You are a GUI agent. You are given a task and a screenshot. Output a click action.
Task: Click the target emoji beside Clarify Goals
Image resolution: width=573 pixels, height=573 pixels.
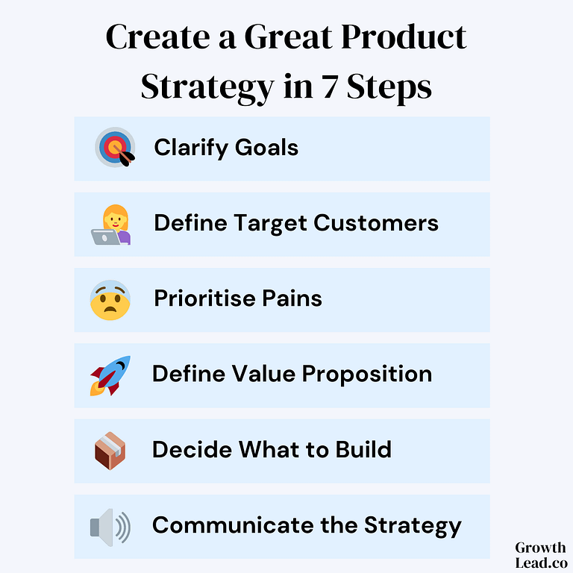point(115,147)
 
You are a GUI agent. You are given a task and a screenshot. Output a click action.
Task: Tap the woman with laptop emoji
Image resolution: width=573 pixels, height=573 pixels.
point(111,225)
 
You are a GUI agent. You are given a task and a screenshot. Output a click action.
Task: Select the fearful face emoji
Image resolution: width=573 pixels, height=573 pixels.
point(110,300)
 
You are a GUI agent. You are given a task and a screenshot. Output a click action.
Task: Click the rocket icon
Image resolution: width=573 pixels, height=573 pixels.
point(110,376)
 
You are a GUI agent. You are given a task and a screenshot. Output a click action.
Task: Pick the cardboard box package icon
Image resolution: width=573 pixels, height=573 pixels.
point(110,451)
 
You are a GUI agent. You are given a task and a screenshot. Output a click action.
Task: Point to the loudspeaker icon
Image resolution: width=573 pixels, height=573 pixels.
point(110,527)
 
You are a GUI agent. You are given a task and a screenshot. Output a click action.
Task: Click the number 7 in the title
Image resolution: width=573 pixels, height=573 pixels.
point(330,87)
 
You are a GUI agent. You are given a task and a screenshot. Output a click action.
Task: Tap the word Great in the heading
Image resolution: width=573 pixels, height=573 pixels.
point(288,37)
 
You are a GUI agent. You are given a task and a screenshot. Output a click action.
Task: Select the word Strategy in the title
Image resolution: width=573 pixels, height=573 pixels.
point(207,88)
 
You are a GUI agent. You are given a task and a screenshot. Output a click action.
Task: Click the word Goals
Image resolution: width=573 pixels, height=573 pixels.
point(267,148)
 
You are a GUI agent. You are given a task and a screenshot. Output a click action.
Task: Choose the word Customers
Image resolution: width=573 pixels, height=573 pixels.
point(376,223)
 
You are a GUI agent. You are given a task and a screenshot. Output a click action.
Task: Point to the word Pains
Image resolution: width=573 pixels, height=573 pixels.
point(292,298)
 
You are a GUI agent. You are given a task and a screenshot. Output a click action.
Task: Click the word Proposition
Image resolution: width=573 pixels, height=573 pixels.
point(367,375)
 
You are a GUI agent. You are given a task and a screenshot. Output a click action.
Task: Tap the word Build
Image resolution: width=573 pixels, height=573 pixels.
point(363,449)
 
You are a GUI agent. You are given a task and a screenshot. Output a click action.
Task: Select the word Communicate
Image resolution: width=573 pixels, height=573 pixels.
point(233,525)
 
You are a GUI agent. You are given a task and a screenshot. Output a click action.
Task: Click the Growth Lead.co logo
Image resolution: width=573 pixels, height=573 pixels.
point(540,555)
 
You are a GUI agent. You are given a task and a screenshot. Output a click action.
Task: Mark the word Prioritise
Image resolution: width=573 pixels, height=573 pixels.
point(204,298)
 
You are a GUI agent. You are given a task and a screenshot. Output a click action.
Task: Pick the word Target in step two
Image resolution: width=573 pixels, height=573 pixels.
point(270,224)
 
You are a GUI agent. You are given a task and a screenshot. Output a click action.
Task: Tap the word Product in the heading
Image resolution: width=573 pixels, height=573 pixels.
point(404,37)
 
